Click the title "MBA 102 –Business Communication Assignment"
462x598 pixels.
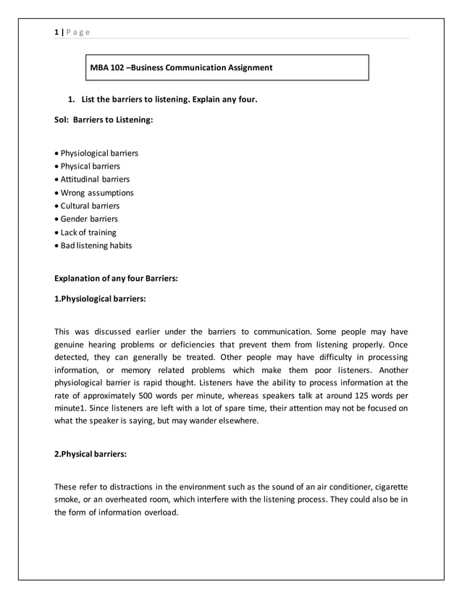tap(181, 68)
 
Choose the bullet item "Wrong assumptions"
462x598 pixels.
tap(96, 193)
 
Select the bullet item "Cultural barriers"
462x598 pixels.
tap(90, 206)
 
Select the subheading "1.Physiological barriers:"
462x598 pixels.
tap(100, 298)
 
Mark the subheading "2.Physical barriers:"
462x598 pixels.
tap(91, 454)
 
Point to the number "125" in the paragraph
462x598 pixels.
tap(361, 397)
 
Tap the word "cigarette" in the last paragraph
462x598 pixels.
tap(389, 487)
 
